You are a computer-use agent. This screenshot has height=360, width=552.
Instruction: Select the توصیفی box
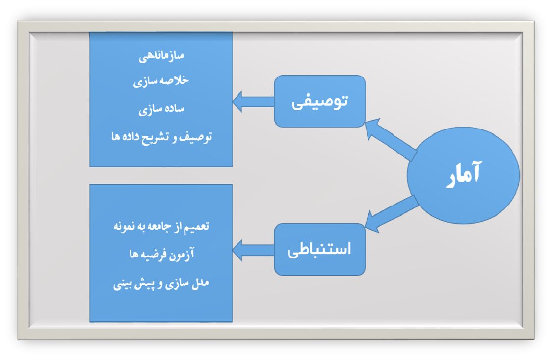pyautogui.click(x=319, y=101)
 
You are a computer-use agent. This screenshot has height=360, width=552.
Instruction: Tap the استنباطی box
pyautogui.click(x=319, y=249)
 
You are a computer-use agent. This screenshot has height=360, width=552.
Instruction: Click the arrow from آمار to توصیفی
pyautogui.click(x=391, y=140)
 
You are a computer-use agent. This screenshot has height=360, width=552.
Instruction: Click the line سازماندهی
pyautogui.click(x=161, y=58)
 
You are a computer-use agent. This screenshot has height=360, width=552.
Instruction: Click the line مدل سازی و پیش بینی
pyautogui.click(x=161, y=284)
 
